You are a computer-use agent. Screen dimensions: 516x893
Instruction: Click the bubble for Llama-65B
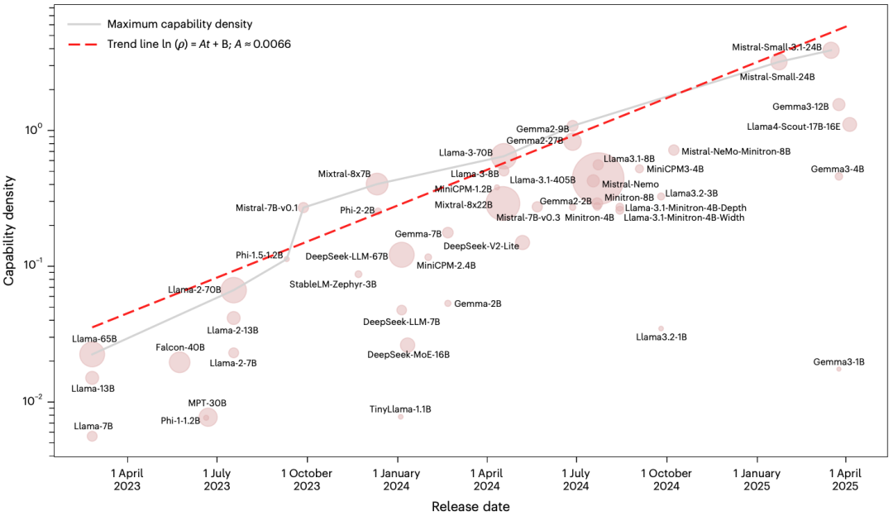pyautogui.click(x=93, y=354)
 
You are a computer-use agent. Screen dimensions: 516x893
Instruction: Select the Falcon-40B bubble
pyautogui.click(x=179, y=361)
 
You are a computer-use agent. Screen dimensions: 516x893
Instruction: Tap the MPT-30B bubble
pyautogui.click(x=208, y=417)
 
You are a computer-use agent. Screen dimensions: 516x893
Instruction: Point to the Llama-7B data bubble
pyautogui.click(x=92, y=436)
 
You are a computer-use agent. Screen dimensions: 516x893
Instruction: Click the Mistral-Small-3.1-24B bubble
pyautogui.click(x=831, y=50)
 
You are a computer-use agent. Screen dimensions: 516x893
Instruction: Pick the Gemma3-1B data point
pyautogui.click(x=838, y=369)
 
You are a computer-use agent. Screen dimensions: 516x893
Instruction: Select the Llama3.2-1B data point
pyautogui.click(x=661, y=328)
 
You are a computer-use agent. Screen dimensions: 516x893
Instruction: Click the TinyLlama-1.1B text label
pyautogui.click(x=400, y=409)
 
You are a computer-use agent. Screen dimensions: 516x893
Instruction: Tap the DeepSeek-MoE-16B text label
pyautogui.click(x=408, y=355)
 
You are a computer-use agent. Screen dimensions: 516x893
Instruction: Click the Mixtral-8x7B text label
pyautogui.click(x=344, y=174)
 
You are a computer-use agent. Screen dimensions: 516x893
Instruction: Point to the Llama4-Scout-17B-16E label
pyautogui.click(x=793, y=127)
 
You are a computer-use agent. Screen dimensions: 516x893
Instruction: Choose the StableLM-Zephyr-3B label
pyautogui.click(x=332, y=284)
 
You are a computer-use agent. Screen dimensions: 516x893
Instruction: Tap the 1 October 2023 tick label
pyautogui.click(x=307, y=480)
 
